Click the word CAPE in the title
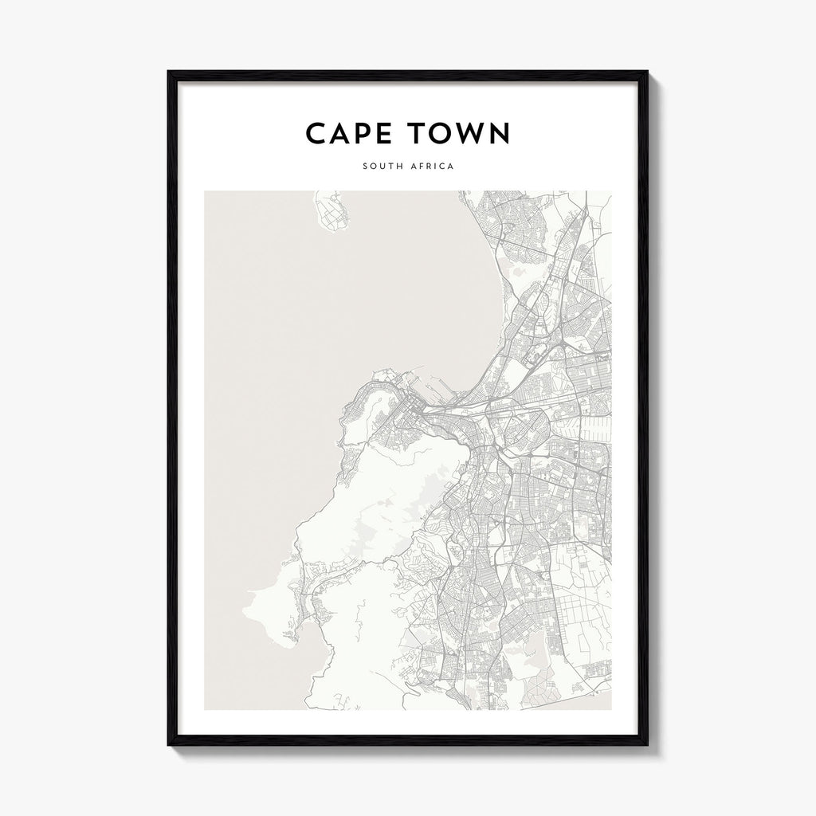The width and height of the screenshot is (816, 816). (351, 134)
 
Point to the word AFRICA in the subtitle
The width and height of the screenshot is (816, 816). (433, 167)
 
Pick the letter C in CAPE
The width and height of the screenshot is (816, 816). (317, 134)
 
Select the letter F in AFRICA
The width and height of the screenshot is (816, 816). (423, 167)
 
